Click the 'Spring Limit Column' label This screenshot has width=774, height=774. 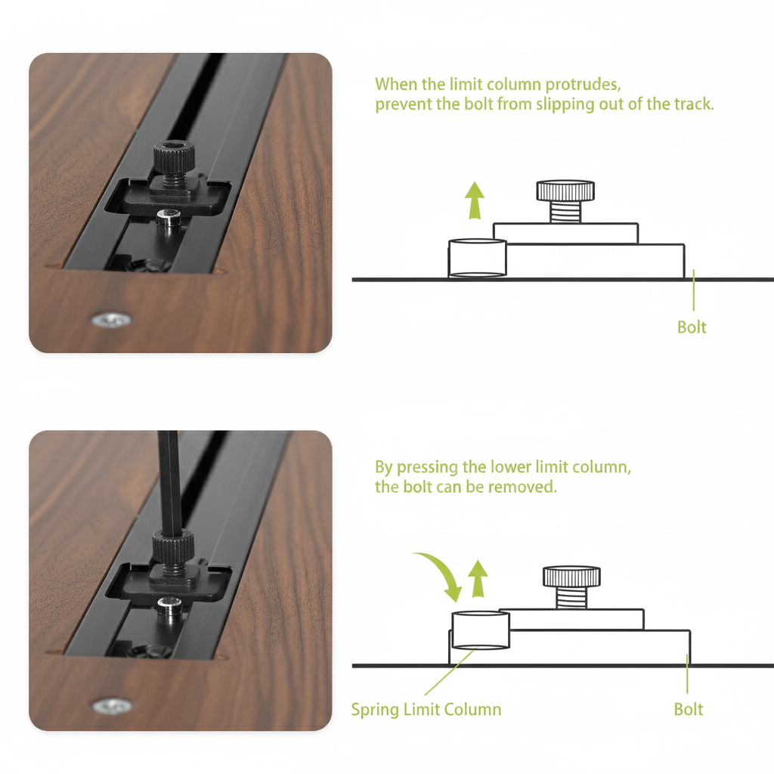click(426, 709)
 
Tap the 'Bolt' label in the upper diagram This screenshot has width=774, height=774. click(692, 327)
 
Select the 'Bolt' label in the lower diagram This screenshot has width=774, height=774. click(688, 709)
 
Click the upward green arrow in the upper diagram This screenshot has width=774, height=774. click(475, 200)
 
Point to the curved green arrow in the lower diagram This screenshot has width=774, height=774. click(442, 574)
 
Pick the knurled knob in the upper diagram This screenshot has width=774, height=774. click(565, 190)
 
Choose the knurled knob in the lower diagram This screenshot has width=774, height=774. click(571, 577)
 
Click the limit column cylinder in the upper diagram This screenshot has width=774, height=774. click(478, 258)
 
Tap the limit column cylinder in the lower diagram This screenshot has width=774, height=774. click(481, 630)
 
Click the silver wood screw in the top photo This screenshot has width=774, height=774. click(112, 320)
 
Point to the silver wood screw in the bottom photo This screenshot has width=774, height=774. click(113, 707)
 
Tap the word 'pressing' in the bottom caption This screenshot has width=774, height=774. click(428, 467)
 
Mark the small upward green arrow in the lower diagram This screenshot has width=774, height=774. click(478, 578)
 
